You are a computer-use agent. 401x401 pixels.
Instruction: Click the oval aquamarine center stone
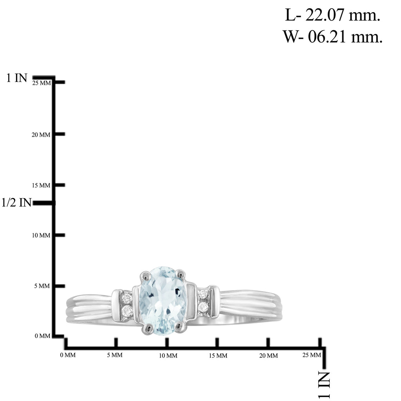[163, 300]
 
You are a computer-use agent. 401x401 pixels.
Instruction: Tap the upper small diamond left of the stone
[126, 298]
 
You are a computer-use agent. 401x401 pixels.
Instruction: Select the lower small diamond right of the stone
[204, 307]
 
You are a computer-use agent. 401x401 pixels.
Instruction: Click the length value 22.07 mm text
[332, 15]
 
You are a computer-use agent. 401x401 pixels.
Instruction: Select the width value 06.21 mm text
[332, 36]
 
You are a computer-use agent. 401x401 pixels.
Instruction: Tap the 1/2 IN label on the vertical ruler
[16, 202]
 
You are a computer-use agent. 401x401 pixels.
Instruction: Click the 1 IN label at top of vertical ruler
[16, 78]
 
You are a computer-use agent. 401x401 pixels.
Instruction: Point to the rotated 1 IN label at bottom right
[324, 385]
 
